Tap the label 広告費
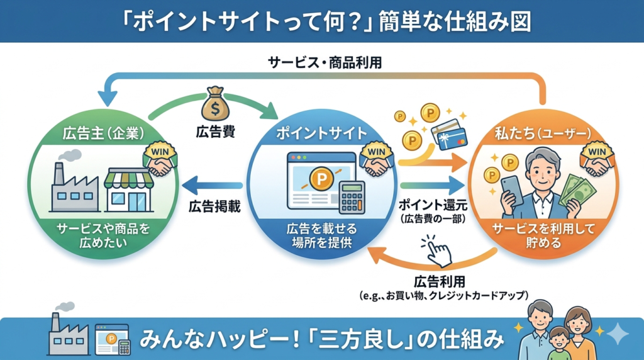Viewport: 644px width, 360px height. coord(215,132)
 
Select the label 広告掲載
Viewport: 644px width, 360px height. coord(214,206)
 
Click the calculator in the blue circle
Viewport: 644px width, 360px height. coord(352,197)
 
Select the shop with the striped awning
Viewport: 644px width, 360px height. coord(128,190)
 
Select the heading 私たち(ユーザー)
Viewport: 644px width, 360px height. coord(543,133)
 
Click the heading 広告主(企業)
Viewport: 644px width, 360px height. coord(104,133)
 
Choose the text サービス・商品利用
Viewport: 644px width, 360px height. coord(325,62)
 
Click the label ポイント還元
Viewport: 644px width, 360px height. coord(433,205)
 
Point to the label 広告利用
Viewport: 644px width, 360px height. coord(440,282)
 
